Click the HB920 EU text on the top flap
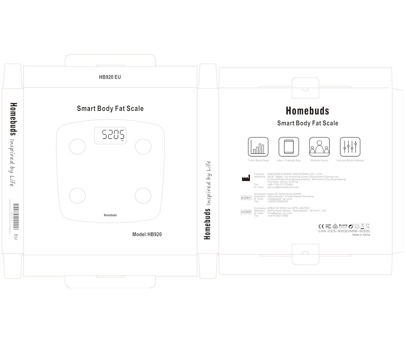tap(110, 77)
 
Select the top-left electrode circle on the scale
tap(77, 146)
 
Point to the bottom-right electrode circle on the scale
tap(143, 195)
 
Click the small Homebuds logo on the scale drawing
tap(110, 215)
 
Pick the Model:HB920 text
tap(147, 234)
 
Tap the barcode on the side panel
tap(16, 216)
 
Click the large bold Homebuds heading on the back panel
tap(307, 111)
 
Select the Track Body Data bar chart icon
tap(258, 147)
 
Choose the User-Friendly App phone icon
tap(289, 147)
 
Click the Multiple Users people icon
tap(319, 147)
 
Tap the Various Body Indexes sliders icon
tap(350, 147)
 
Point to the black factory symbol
tap(246, 178)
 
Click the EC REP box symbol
tap(246, 198)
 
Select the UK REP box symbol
tap(246, 212)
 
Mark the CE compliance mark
tap(321, 226)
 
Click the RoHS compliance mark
tap(343, 226)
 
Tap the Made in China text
tap(361, 235)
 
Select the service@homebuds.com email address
tap(283, 187)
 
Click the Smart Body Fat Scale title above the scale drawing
tap(110, 109)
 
